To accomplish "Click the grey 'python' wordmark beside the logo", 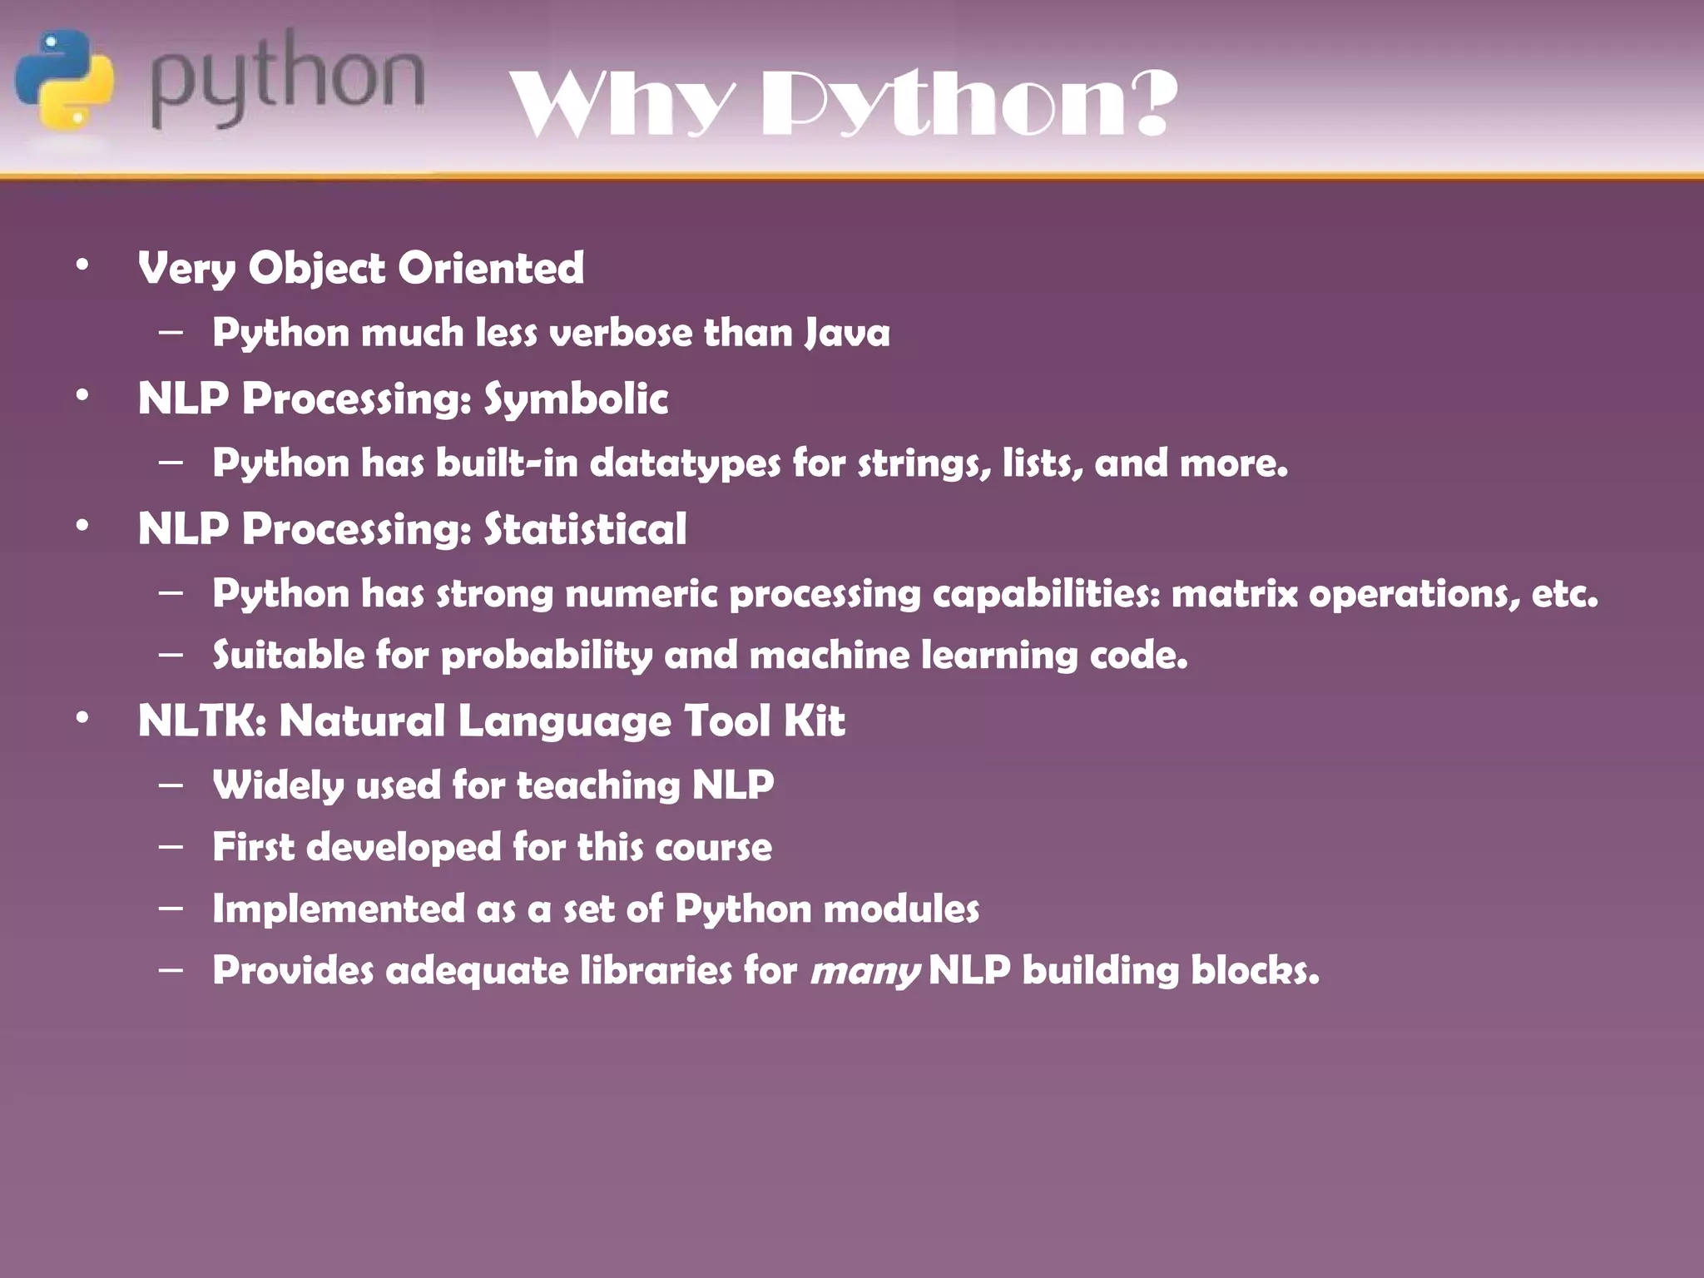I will (x=287, y=81).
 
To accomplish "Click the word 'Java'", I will (x=847, y=334).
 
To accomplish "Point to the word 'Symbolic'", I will (x=576, y=399).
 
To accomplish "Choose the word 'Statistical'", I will (x=585, y=529).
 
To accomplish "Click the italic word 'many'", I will (x=864, y=971).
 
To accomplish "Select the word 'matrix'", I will (x=1234, y=594).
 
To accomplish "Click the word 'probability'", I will (x=547, y=656).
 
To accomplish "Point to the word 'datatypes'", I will (x=685, y=463).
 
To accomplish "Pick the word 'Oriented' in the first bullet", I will (x=491, y=268).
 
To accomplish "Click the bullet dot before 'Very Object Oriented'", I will (x=82, y=265).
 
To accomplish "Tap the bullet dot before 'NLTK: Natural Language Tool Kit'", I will (x=82, y=717).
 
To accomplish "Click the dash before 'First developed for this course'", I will (x=171, y=847).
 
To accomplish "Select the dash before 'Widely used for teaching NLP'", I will (x=171, y=785).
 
